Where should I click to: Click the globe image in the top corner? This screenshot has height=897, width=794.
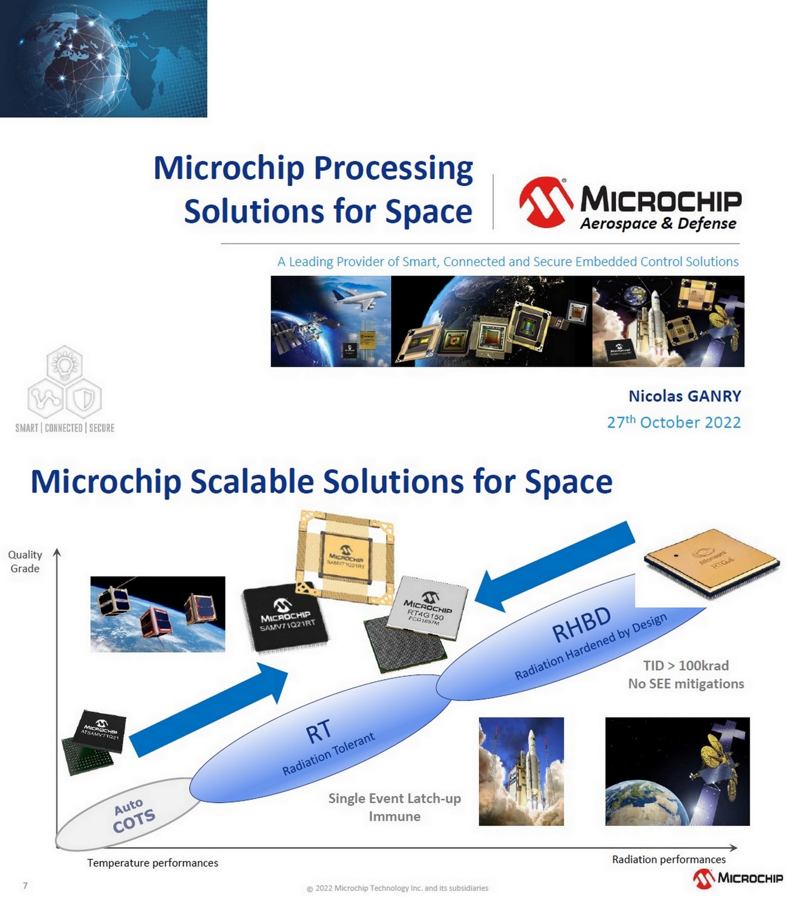point(103,58)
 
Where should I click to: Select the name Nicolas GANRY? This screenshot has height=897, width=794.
point(684,396)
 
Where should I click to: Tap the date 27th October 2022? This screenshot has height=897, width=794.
point(673,422)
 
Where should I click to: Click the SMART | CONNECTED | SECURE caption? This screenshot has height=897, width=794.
point(64,428)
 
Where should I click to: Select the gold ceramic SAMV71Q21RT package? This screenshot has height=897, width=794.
point(345,558)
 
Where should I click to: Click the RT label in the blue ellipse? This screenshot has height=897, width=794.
point(318,732)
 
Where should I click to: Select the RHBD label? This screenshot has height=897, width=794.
point(581,624)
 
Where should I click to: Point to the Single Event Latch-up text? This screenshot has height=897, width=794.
point(394,798)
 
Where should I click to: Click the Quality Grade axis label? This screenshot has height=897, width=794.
point(25,561)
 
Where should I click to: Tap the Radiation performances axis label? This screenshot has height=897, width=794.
point(668,859)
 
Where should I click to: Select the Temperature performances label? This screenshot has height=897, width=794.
point(153,863)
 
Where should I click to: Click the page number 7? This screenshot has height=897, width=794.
point(25,885)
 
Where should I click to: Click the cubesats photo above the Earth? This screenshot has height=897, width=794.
point(158,614)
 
